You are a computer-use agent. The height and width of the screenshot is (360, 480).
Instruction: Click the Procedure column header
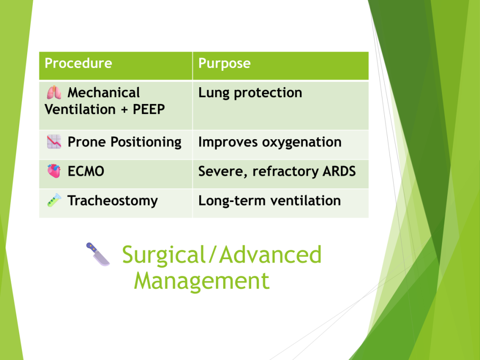point(78,63)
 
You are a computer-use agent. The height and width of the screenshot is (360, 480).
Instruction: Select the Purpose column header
point(225,64)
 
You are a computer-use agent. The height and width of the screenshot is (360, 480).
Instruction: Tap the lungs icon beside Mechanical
point(54,92)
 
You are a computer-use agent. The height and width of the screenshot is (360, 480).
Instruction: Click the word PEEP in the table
point(149,109)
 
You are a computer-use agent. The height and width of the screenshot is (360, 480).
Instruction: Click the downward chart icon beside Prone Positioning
point(54,142)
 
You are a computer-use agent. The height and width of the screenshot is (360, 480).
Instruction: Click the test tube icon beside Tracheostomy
point(54,200)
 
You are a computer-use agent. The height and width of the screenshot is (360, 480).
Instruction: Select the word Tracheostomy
point(112,201)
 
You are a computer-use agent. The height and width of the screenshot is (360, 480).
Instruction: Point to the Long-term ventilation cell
point(270,201)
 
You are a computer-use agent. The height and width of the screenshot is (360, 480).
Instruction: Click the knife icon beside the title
point(98,254)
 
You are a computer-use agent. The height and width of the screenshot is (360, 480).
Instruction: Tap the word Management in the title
point(202,281)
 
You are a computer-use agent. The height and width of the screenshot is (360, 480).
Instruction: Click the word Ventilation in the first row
point(80,109)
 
